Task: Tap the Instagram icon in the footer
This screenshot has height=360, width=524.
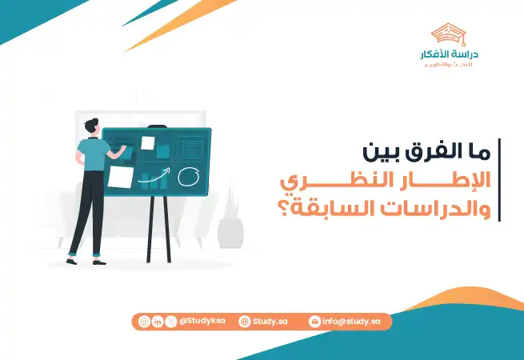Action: coord(144,322)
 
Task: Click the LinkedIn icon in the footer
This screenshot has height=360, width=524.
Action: coord(158,322)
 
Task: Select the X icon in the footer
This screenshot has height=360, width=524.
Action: coord(170,322)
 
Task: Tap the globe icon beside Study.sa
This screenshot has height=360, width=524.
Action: coord(244,322)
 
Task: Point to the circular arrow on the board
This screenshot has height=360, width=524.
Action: coord(189,174)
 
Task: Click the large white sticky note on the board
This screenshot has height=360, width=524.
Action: coord(122,177)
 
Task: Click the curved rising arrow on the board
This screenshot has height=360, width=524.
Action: coord(155,178)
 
